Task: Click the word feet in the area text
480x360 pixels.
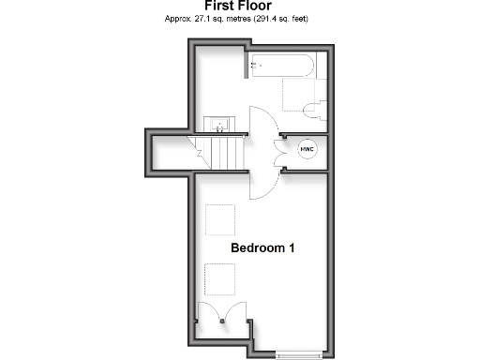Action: (297, 18)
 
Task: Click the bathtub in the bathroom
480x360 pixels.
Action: (282, 66)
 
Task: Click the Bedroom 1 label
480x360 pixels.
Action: (263, 248)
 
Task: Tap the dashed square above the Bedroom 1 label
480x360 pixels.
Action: (220, 220)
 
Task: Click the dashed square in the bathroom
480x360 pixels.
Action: (301, 94)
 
